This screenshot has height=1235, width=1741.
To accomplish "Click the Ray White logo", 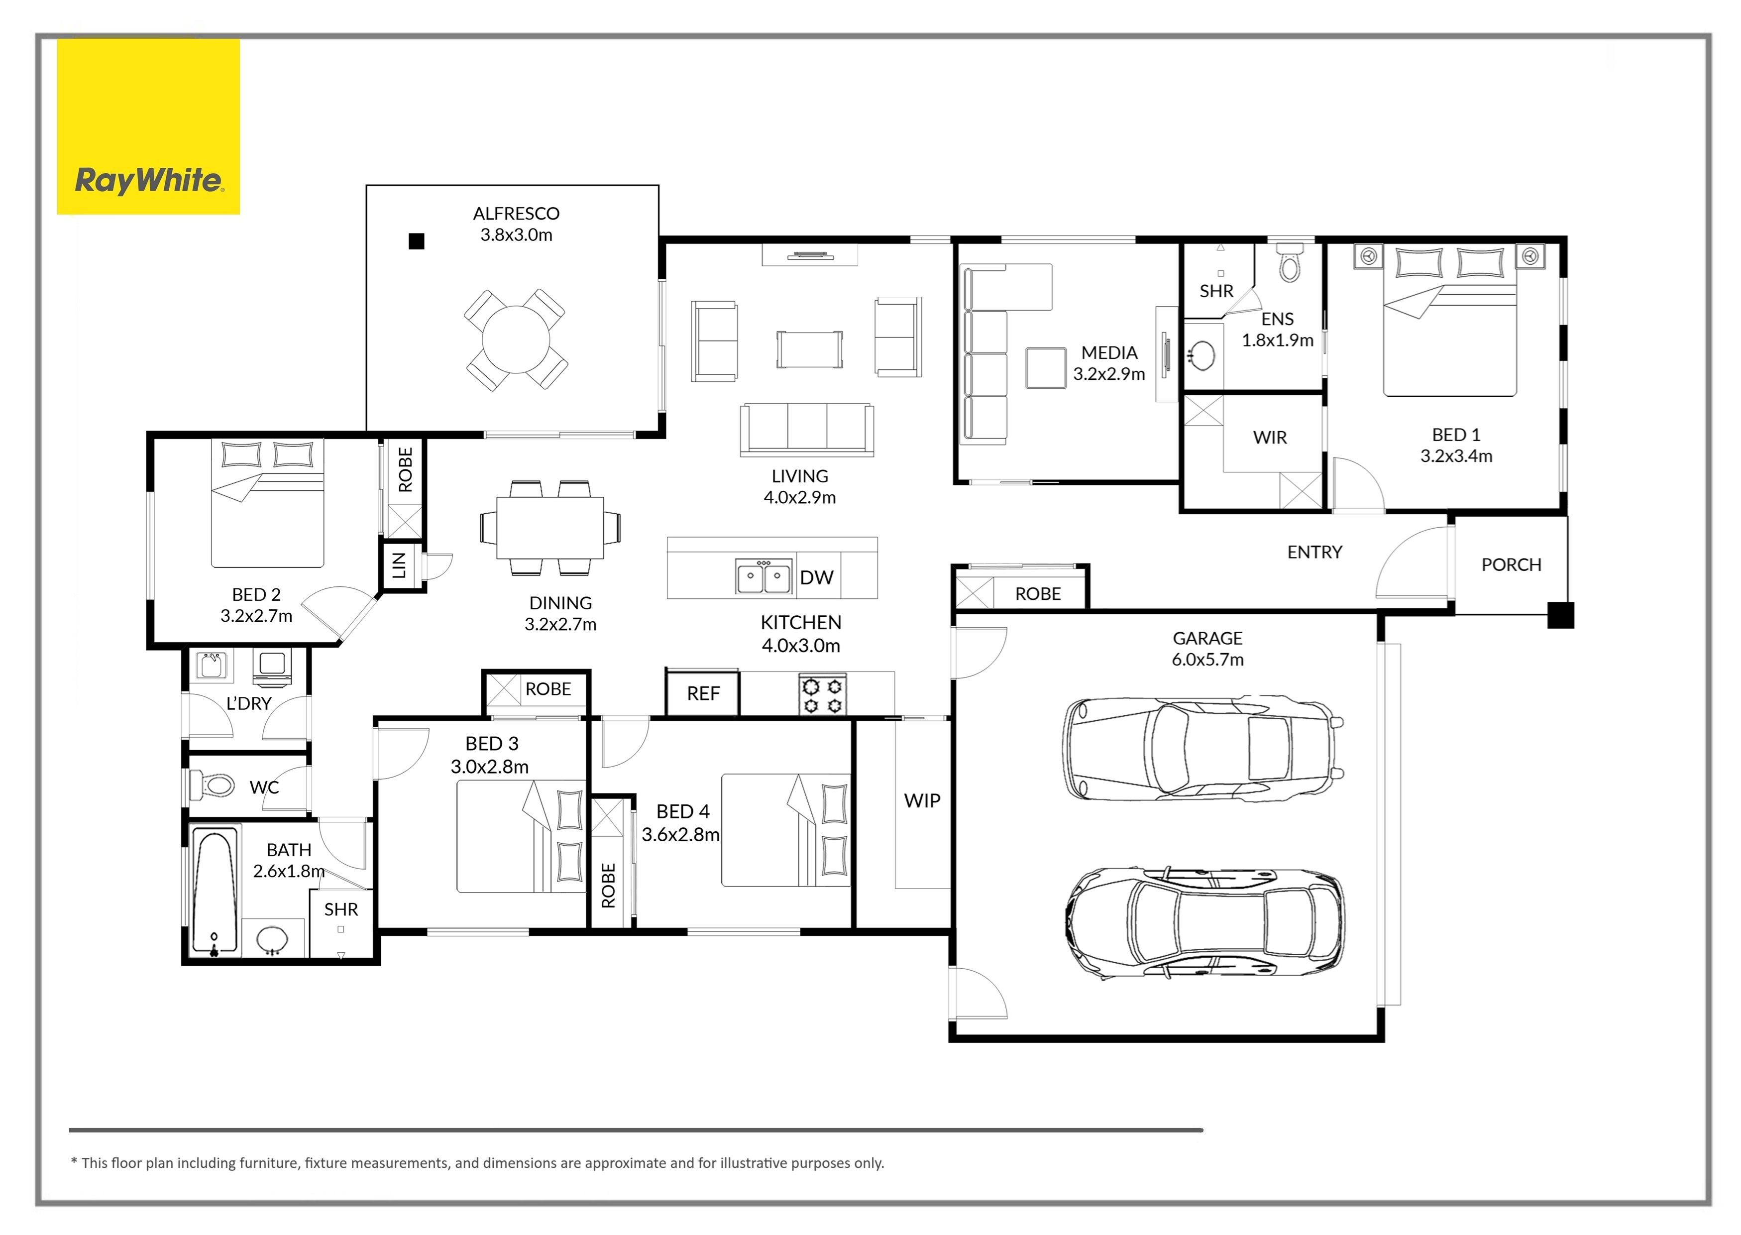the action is tap(148, 127).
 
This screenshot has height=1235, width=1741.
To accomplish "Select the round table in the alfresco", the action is tap(516, 339).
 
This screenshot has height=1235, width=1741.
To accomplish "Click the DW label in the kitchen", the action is tap(817, 578).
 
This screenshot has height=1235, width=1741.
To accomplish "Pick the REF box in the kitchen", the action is tap(702, 693).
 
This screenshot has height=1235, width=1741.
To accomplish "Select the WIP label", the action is tap(922, 801).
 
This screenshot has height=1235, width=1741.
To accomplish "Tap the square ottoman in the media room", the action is tap(1045, 367).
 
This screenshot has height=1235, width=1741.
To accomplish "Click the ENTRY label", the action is tap(1314, 552).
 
